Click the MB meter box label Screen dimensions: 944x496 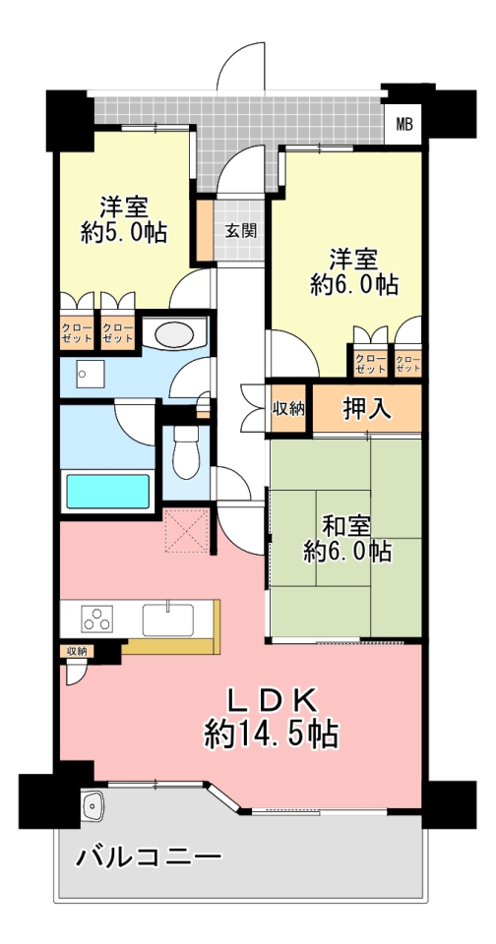click(404, 124)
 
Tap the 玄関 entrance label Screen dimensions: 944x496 click(240, 232)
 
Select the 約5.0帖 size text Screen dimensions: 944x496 click(123, 233)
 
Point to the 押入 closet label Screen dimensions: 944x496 click(368, 407)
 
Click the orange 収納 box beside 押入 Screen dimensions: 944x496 click(288, 408)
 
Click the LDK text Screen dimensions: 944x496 click(271, 700)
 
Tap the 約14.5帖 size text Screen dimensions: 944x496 click(271, 733)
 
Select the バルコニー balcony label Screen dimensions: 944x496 click(149, 855)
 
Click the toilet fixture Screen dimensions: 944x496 click(185, 454)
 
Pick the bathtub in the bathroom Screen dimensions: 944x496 click(108, 491)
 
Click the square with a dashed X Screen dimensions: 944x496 click(185, 532)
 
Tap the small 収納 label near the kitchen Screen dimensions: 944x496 click(76, 651)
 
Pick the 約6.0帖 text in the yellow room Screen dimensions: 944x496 click(353, 285)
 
